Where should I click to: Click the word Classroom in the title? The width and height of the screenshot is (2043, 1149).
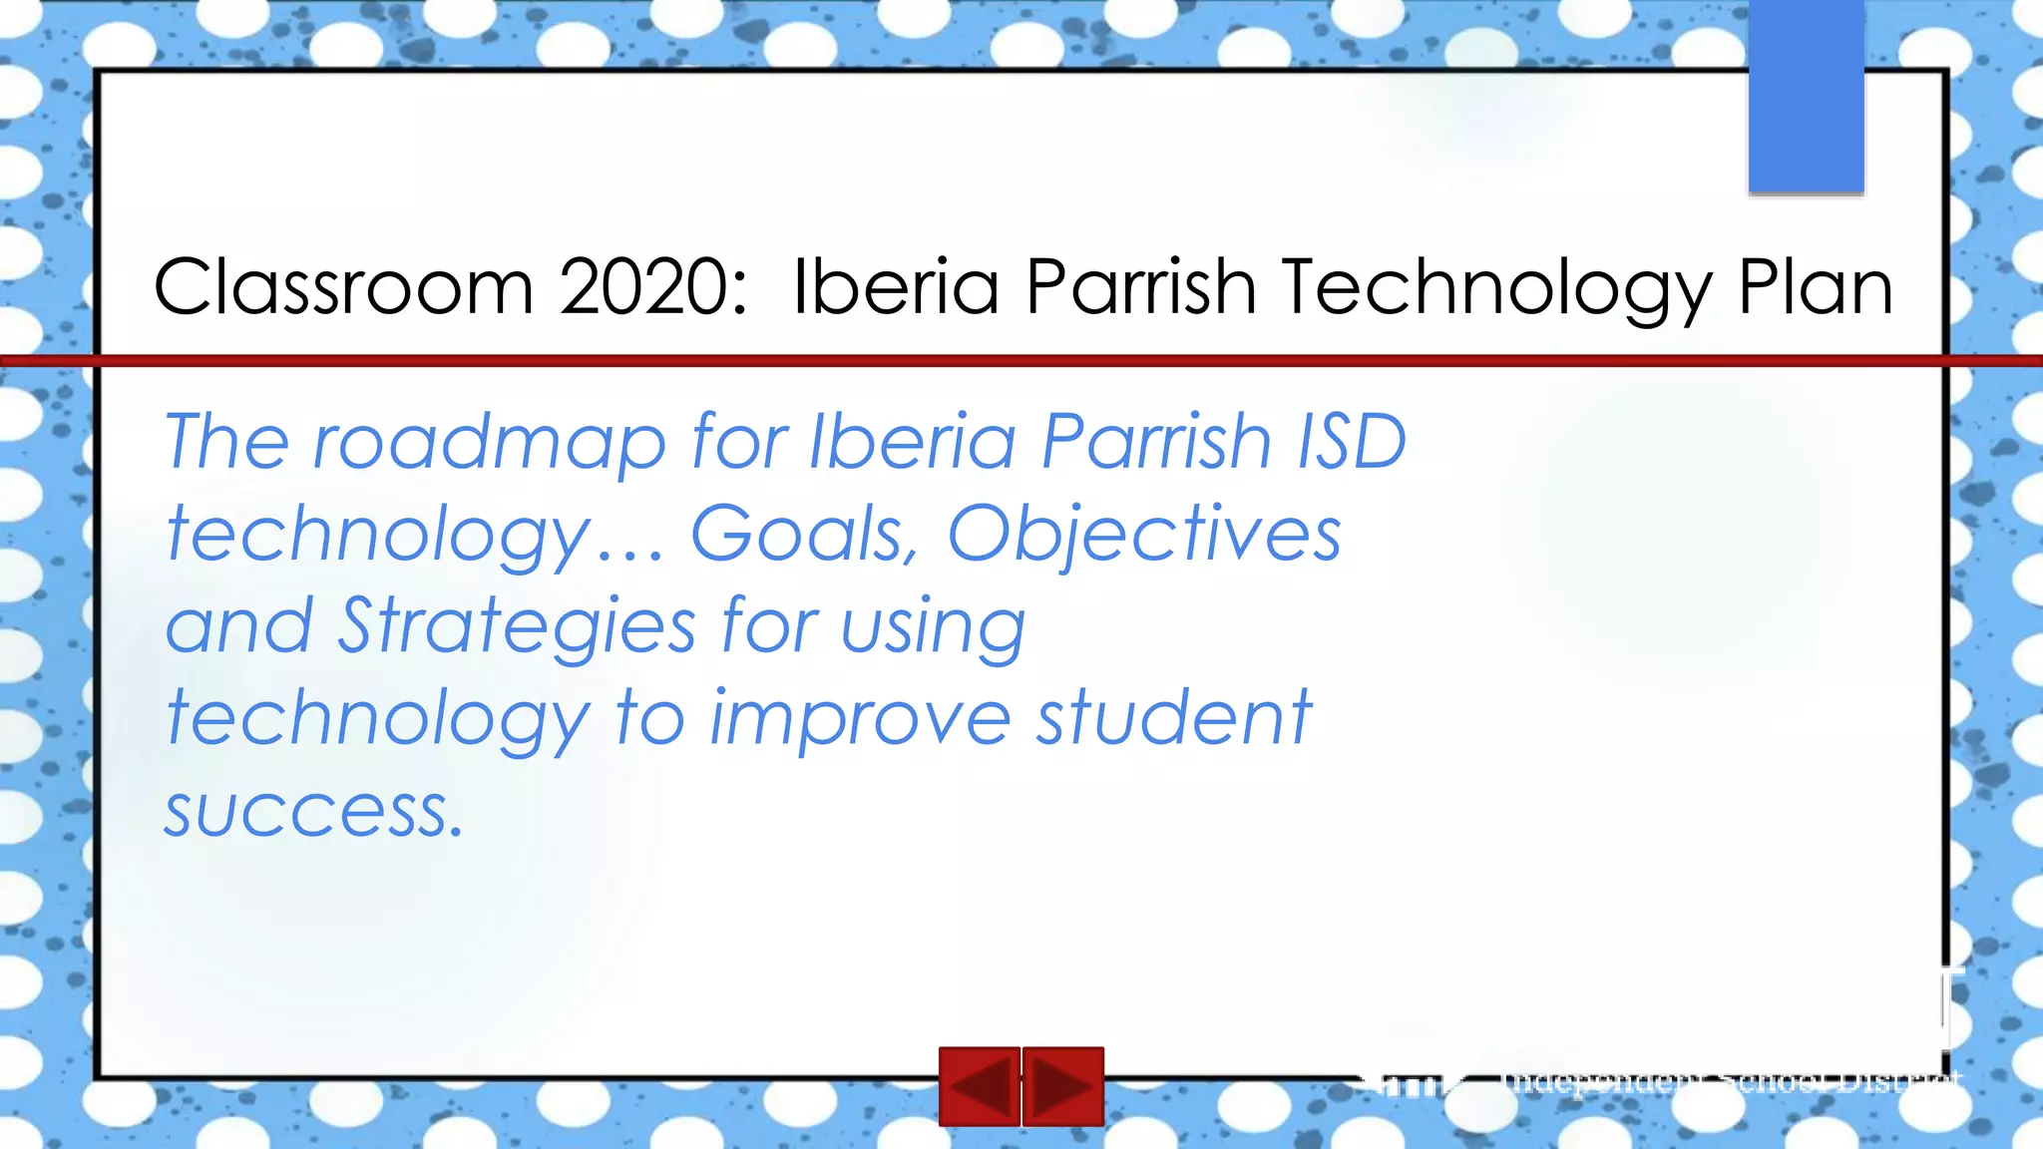coord(343,287)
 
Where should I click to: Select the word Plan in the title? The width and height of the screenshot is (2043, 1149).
coord(1815,287)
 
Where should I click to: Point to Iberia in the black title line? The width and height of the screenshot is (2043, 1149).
coord(895,287)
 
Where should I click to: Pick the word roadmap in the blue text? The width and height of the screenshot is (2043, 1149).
coord(489,442)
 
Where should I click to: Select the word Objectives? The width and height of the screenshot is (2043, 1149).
coord(1143,536)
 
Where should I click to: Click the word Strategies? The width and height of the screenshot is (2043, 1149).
coord(517,627)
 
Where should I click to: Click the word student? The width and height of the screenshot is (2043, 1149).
coord(1173,718)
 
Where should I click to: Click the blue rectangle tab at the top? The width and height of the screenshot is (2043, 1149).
coord(1806,96)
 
